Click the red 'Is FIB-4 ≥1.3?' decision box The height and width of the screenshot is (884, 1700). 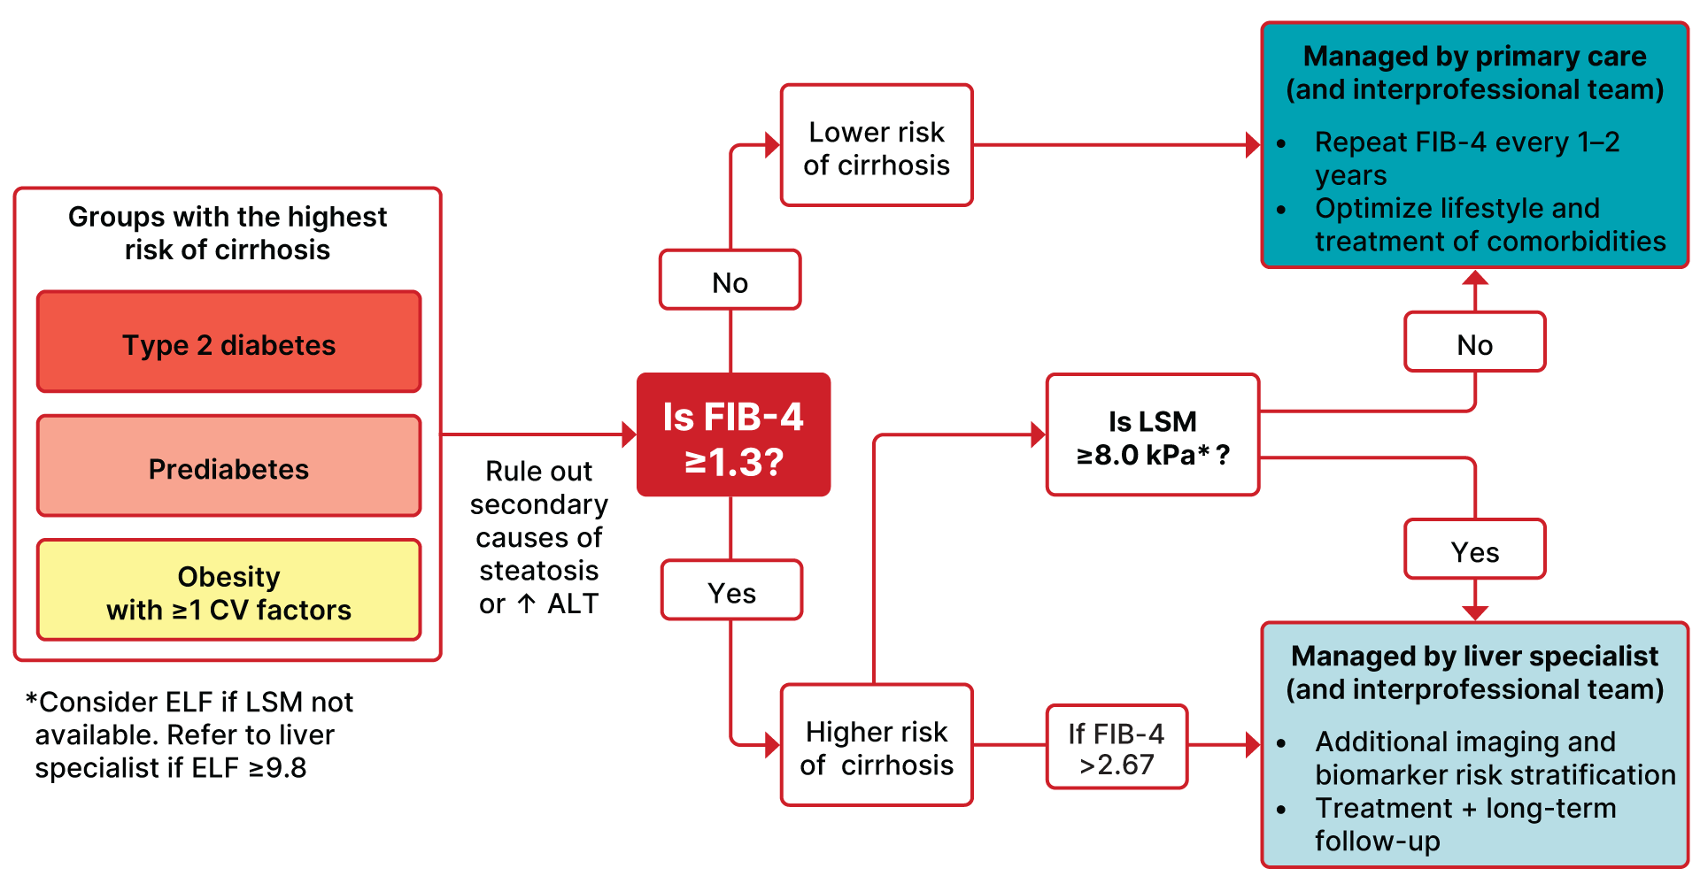tap(733, 434)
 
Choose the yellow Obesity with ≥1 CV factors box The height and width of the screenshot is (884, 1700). tap(228, 591)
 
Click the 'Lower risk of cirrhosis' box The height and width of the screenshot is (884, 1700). tap(877, 146)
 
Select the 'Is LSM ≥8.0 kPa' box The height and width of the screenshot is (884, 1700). tap(1152, 435)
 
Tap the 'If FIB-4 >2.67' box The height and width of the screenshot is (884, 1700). tap(1117, 748)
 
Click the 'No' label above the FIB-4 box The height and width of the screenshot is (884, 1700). tap(730, 281)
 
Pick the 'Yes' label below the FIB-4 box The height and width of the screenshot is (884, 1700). tap(731, 591)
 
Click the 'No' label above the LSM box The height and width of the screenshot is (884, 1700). tap(1475, 343)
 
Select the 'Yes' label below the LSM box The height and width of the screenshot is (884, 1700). tap(1475, 551)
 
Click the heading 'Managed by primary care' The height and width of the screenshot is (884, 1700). tap(1474, 56)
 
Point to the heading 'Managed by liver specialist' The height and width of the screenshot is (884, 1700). tap(1474, 656)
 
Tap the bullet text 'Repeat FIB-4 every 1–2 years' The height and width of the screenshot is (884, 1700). tap(1466, 158)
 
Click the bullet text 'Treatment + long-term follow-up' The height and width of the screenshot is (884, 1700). tap(1465, 823)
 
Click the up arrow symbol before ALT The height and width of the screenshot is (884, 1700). tap(527, 603)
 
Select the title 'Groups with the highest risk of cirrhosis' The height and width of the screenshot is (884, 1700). tap(228, 233)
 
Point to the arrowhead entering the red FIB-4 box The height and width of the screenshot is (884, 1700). tap(630, 434)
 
